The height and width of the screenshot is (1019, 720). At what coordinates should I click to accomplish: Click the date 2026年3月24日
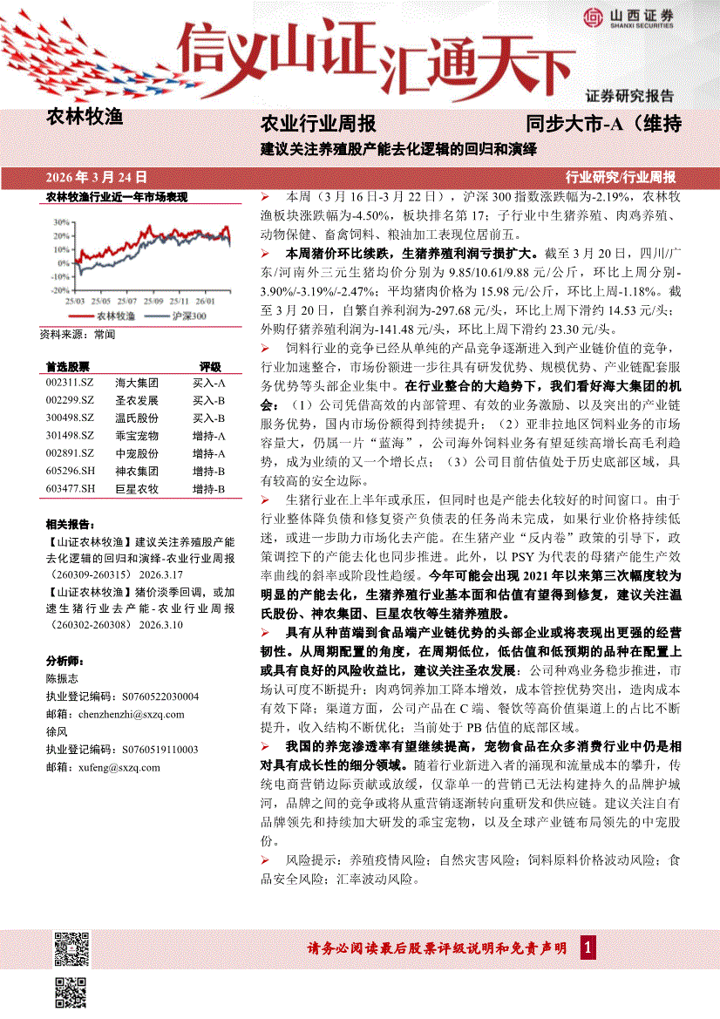tap(96, 176)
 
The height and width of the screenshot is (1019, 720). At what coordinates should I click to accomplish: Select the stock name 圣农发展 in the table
tap(137, 400)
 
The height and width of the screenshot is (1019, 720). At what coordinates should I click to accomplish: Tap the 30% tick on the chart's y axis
tap(60, 221)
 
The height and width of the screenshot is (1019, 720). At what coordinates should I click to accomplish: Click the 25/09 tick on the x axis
tap(153, 300)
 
